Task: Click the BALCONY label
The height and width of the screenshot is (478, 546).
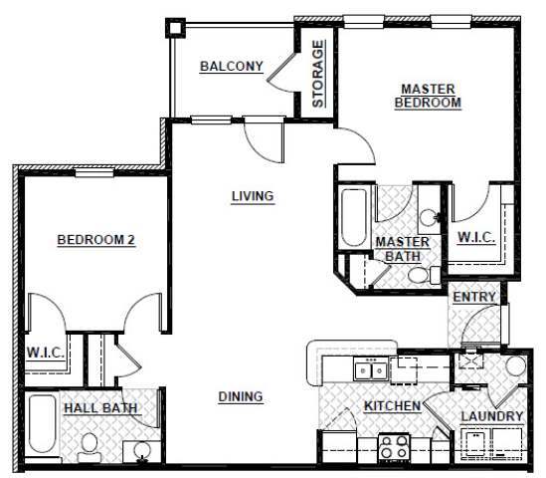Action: [x=231, y=67]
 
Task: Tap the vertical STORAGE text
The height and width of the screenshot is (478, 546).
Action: [x=318, y=73]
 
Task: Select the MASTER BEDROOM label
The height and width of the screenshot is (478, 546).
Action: [x=428, y=95]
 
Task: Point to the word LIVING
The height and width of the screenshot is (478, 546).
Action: [x=252, y=196]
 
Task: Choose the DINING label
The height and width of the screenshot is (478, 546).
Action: [x=240, y=396]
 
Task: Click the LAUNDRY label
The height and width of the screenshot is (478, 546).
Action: [x=491, y=415]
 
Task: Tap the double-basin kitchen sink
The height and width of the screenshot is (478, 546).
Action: [x=374, y=370]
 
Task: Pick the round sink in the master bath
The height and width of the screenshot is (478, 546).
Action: [x=427, y=216]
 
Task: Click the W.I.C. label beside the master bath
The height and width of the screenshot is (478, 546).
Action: [x=475, y=239]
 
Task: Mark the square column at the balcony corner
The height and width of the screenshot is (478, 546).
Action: [x=175, y=26]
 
